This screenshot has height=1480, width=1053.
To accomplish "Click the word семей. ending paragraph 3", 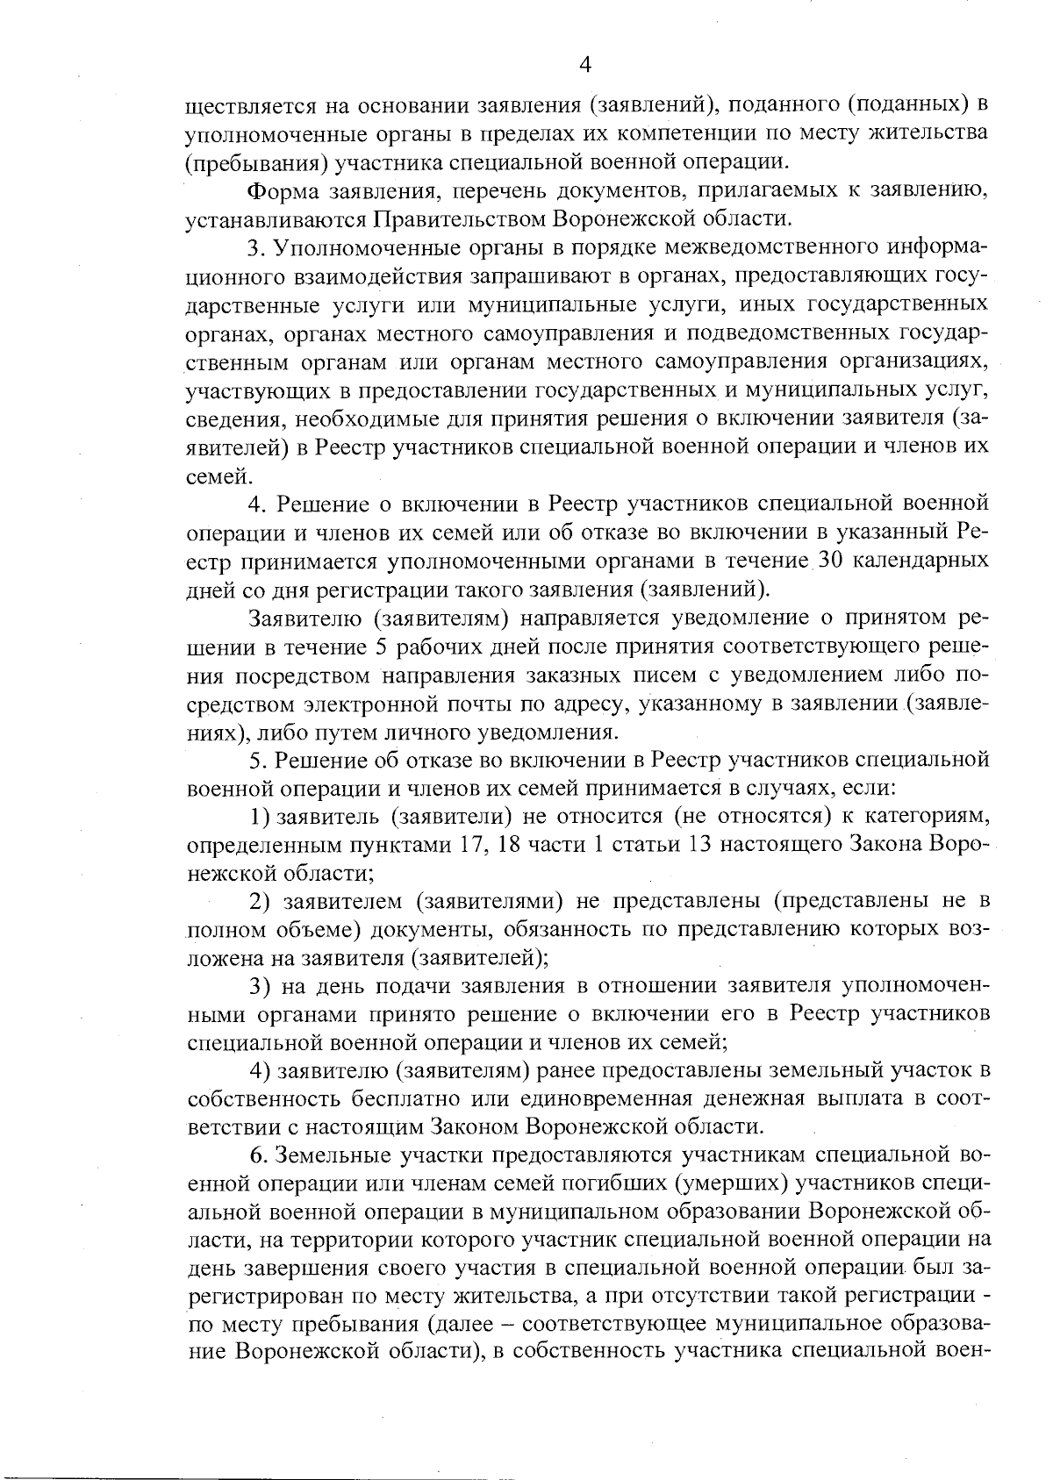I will click(212, 476).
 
